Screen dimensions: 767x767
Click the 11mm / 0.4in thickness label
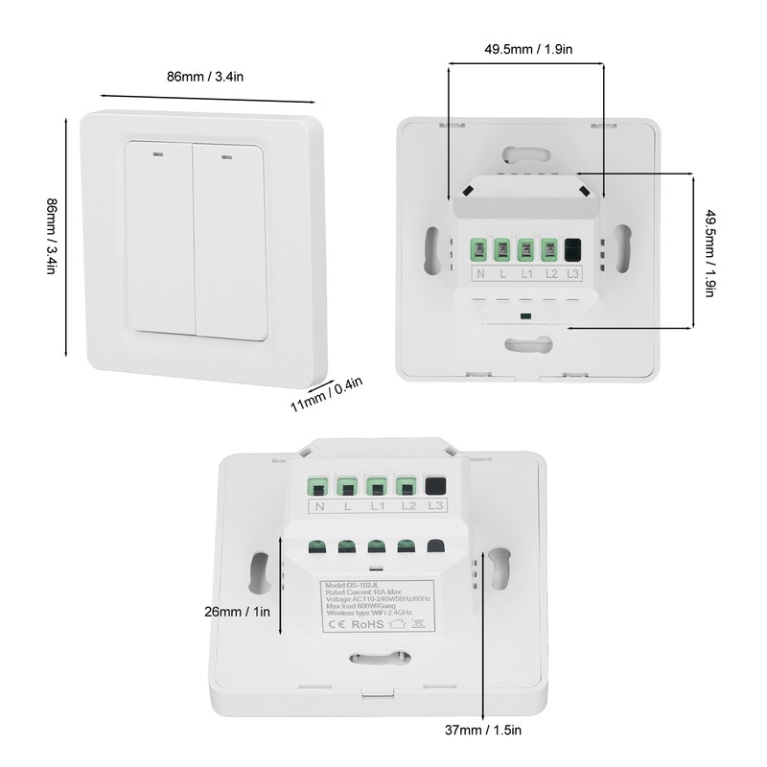pyautogui.click(x=327, y=394)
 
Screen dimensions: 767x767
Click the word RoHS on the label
pyautogui.click(x=368, y=624)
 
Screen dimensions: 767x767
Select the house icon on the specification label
pyautogui.click(x=397, y=624)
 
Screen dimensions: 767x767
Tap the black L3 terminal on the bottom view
pyautogui.click(x=437, y=485)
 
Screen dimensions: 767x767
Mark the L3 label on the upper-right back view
pyautogui.click(x=573, y=274)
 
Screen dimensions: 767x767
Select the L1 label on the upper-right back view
pyautogui.click(x=526, y=274)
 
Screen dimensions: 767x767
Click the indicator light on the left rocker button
pyautogui.click(x=155, y=150)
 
